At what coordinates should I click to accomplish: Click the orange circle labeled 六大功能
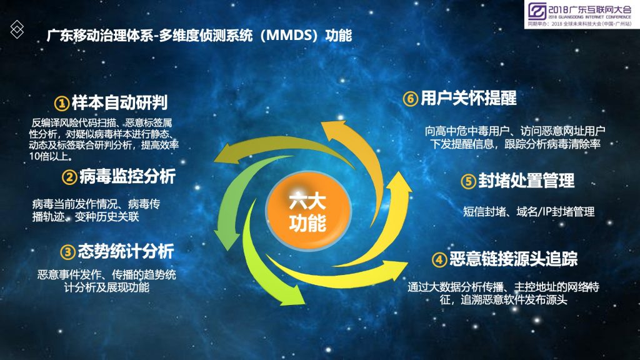308,211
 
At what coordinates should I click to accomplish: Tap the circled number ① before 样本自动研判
62,103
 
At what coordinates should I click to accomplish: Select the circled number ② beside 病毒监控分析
69,177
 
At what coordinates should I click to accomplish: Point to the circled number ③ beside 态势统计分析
67,252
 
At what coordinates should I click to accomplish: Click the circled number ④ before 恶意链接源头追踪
439,259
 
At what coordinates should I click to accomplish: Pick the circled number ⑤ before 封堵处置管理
468,182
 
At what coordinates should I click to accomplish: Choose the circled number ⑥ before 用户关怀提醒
411,99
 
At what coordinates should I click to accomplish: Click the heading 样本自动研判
119,102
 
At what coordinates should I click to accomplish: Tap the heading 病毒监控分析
127,176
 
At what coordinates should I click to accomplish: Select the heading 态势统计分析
126,251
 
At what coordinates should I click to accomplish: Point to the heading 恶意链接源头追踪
514,259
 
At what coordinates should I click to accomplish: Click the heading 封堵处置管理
526,181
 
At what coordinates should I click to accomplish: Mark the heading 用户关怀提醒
469,98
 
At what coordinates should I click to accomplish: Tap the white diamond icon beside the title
17,29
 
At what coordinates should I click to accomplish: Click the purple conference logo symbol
537,11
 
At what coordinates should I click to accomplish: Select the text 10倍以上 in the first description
51,156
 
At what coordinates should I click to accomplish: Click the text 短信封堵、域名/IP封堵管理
529,212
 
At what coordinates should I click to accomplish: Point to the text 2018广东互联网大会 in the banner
590,9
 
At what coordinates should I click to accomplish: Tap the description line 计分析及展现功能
106,287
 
